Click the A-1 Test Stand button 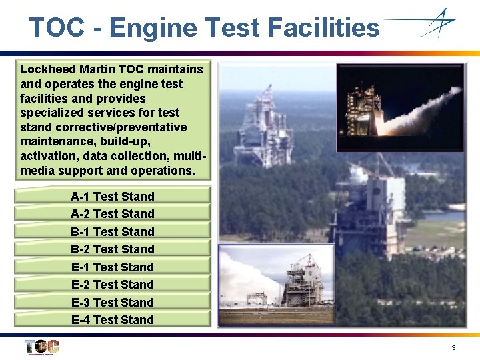tap(113, 197)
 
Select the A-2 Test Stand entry tap(113, 214)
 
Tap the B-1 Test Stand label tap(113, 232)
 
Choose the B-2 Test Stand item tap(113, 249)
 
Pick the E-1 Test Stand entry tap(113, 267)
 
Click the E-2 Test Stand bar tap(113, 285)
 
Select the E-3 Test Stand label tap(113, 303)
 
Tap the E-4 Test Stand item tap(113, 320)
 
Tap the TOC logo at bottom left tap(41, 347)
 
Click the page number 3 tap(453, 348)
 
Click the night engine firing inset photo tap(399, 107)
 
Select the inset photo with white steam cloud tap(276, 283)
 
